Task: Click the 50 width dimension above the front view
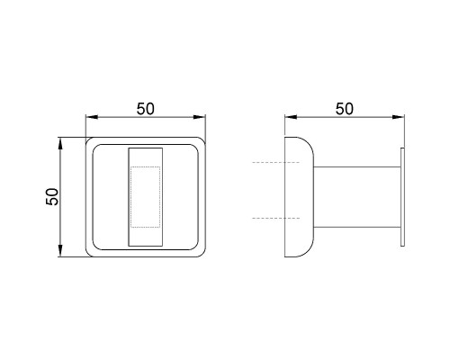click(146, 109)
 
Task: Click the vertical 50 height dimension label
click(52, 196)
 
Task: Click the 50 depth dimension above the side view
click(345, 109)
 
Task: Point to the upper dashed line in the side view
click(276, 162)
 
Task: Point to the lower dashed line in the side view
click(276, 218)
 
